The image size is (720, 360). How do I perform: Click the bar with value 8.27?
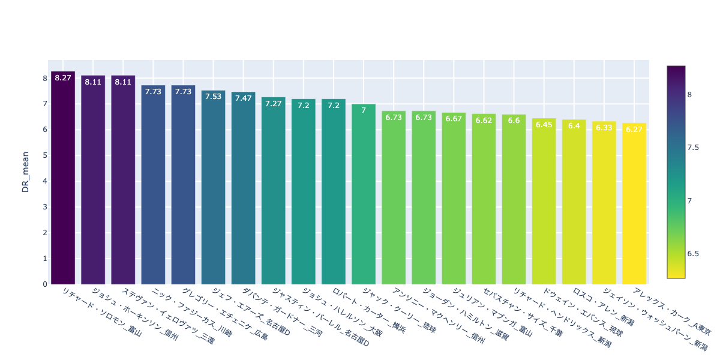tap(63, 180)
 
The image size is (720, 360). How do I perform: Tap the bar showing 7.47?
tap(243, 189)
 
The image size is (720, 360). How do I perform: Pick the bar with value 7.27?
tap(274, 192)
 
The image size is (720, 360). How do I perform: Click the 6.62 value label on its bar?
tap(484, 121)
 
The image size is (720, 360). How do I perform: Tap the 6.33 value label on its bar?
tap(604, 128)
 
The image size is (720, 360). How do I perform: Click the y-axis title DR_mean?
tap(26, 172)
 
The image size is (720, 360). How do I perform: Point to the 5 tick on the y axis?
tap(44, 155)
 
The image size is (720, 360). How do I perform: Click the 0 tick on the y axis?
tap(44, 284)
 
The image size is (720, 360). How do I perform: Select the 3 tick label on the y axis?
tap(44, 207)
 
